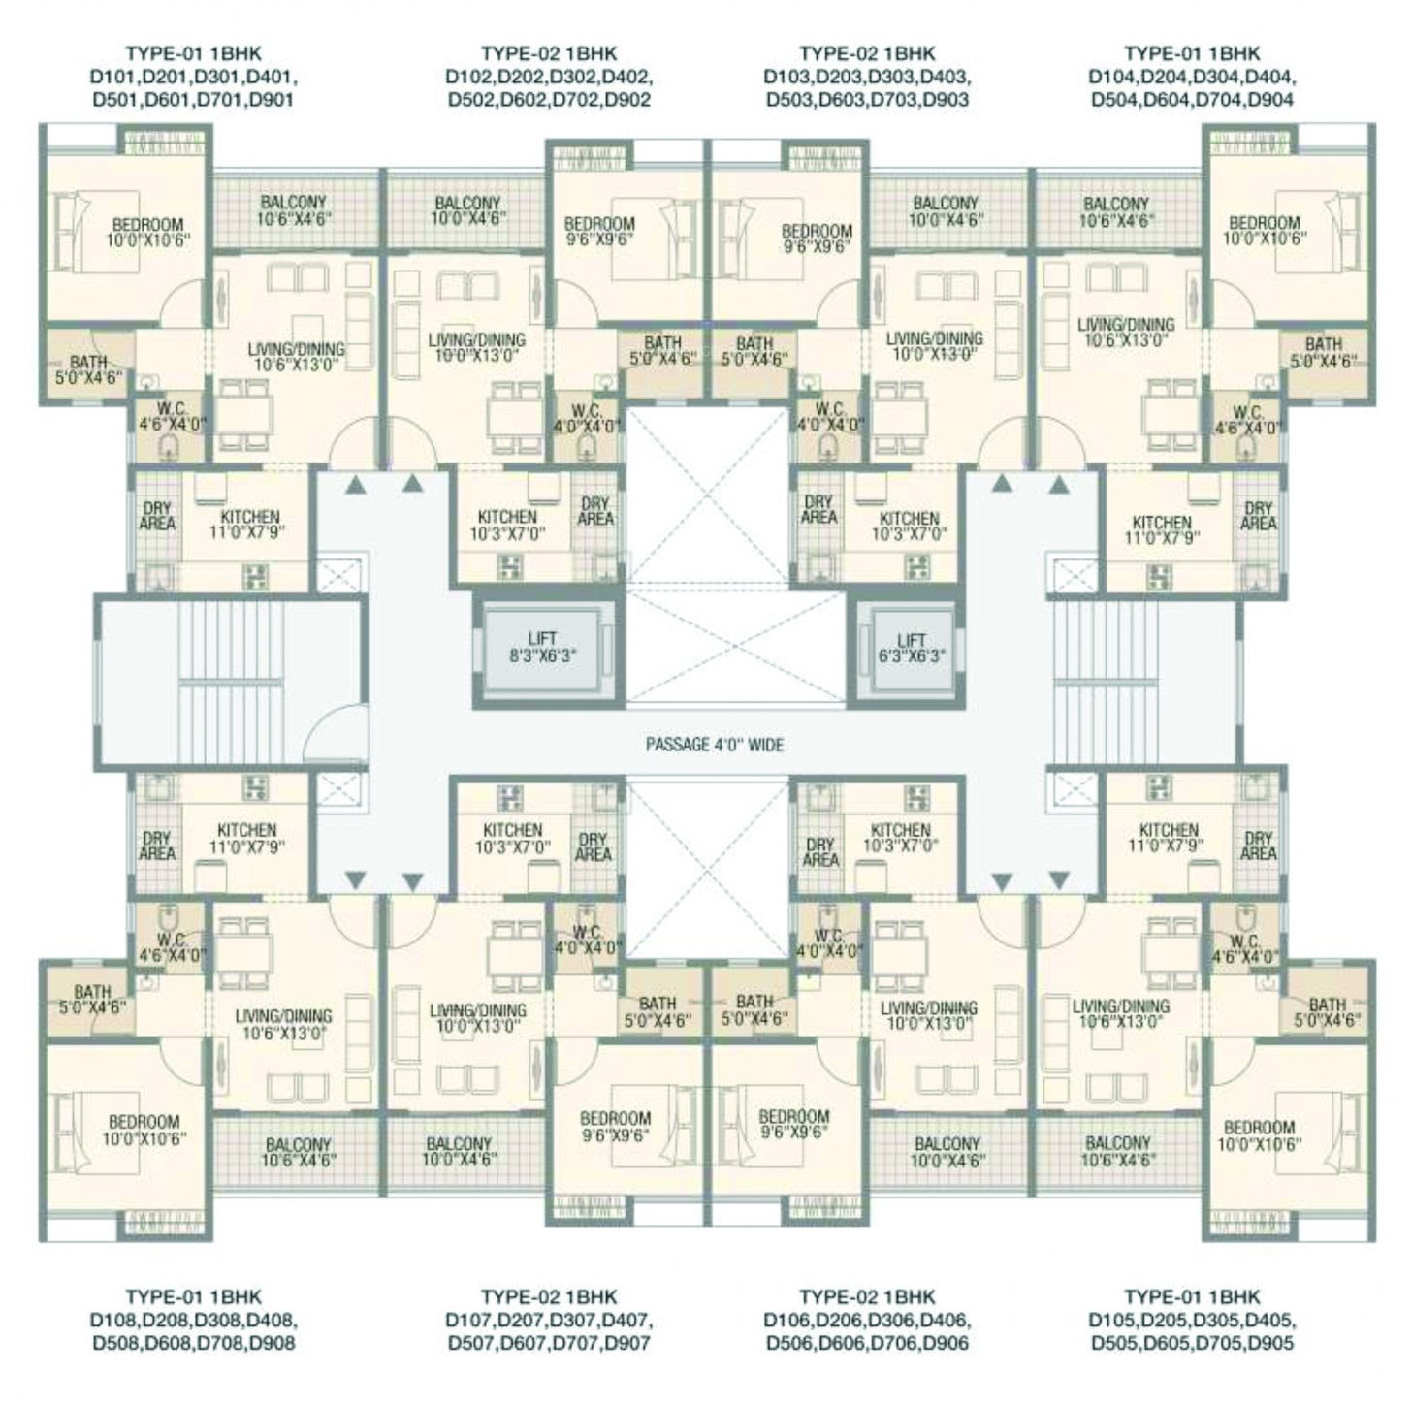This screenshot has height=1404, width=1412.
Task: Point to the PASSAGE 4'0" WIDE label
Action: pyautogui.click(x=715, y=746)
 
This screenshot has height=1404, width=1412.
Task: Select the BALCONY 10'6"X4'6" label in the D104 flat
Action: pyautogui.click(x=1116, y=211)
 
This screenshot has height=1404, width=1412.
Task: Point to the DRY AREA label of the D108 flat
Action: pyautogui.click(x=157, y=846)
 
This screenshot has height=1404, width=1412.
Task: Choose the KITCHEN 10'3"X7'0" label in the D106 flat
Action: pyautogui.click(x=901, y=838)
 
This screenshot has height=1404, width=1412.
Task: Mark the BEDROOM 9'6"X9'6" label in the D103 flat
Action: pyautogui.click(x=816, y=239)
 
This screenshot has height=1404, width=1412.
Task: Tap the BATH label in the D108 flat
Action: pyautogui.click(x=92, y=1000)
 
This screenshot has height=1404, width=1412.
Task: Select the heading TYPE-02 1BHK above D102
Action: pyautogui.click(x=549, y=53)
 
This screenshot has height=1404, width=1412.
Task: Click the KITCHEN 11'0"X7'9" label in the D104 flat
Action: pyautogui.click(x=1162, y=529)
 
